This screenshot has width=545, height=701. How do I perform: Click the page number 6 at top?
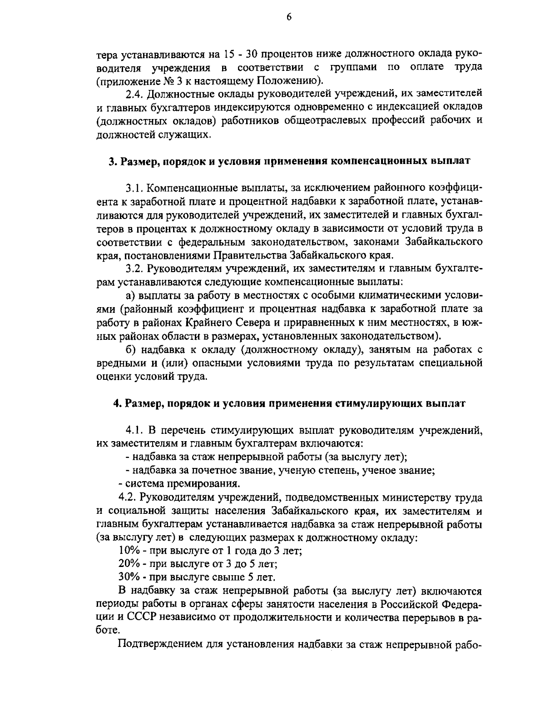click(289, 17)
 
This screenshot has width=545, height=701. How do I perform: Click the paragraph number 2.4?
click(133, 94)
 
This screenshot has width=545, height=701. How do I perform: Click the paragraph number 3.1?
click(134, 188)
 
